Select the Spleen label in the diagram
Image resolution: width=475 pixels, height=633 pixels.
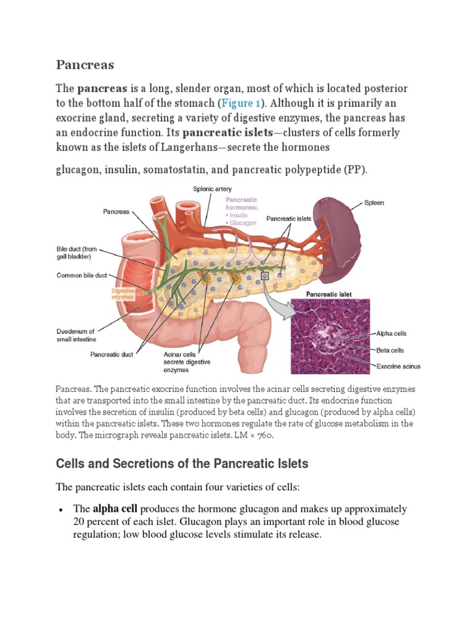[374, 203]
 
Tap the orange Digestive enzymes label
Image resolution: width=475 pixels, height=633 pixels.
[122, 294]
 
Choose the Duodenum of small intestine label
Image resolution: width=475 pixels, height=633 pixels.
[76, 335]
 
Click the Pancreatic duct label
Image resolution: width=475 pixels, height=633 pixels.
[113, 354]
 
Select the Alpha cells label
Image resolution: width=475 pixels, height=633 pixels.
[392, 333]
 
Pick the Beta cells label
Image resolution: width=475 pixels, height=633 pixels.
[390, 349]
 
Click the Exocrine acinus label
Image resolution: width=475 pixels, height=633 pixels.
[398, 366]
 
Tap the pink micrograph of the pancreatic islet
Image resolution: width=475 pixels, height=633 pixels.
[332, 337]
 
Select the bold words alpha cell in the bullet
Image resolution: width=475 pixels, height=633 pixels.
[115, 509]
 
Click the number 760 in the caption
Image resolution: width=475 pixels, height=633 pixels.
[263, 435]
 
